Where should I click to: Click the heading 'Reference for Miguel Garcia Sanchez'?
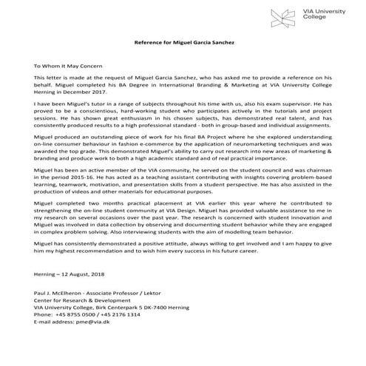click(183, 42)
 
